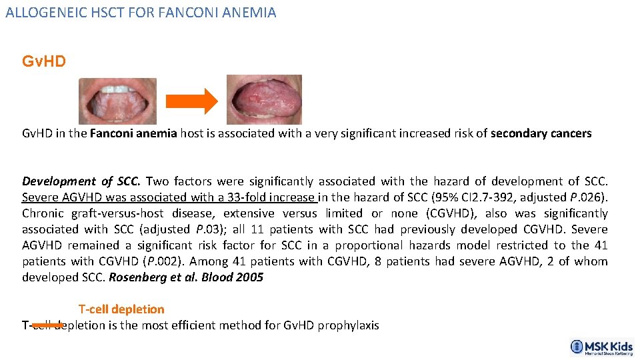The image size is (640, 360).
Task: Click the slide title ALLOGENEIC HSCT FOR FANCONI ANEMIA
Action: (x=141, y=12)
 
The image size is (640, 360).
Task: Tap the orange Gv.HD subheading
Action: (x=44, y=62)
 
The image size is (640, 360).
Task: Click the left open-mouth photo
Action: (x=118, y=101)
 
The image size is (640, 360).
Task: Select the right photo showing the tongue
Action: (x=264, y=100)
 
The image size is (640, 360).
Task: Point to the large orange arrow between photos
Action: (x=191, y=101)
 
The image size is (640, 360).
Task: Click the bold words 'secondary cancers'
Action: (x=541, y=133)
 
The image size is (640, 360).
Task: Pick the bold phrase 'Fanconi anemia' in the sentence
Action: (x=133, y=133)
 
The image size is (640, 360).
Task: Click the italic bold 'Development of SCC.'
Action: (x=81, y=181)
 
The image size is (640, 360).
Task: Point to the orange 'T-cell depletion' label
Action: (x=121, y=309)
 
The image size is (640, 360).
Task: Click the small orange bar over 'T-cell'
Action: (x=48, y=325)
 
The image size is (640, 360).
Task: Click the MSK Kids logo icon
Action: (x=577, y=346)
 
